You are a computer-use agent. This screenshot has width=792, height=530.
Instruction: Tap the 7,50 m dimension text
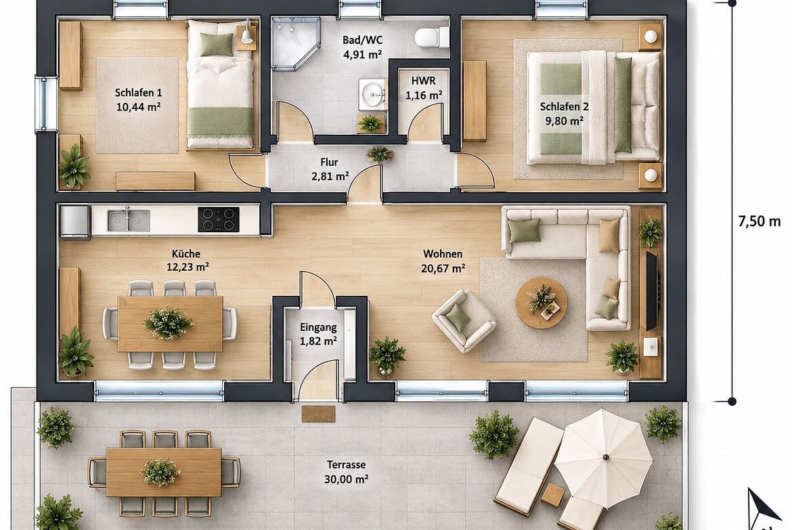click(x=759, y=221)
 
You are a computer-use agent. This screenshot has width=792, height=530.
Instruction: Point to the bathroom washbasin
click(x=372, y=94)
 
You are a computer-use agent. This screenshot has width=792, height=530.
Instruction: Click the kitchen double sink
click(x=129, y=220)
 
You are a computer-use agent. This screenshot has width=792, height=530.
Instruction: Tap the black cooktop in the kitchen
click(x=218, y=220)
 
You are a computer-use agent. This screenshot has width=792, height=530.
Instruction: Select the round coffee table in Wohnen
click(x=542, y=303)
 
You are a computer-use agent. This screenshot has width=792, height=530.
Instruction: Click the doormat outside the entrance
click(x=318, y=414)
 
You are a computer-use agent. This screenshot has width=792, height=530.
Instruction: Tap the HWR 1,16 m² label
click(x=424, y=88)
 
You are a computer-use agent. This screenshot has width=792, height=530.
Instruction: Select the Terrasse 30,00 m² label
click(x=346, y=471)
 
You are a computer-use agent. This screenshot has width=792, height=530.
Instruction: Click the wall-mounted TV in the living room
click(x=652, y=290)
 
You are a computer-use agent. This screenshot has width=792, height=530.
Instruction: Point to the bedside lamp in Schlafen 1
click(x=246, y=35)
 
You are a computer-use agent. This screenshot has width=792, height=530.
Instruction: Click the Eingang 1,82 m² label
click(x=318, y=334)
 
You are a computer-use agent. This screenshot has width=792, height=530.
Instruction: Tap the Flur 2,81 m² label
click(x=329, y=169)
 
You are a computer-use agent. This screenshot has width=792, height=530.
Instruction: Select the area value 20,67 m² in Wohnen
click(x=443, y=268)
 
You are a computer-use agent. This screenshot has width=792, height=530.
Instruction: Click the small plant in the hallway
click(x=379, y=154)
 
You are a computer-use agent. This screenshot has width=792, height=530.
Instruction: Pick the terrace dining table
click(x=164, y=472)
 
